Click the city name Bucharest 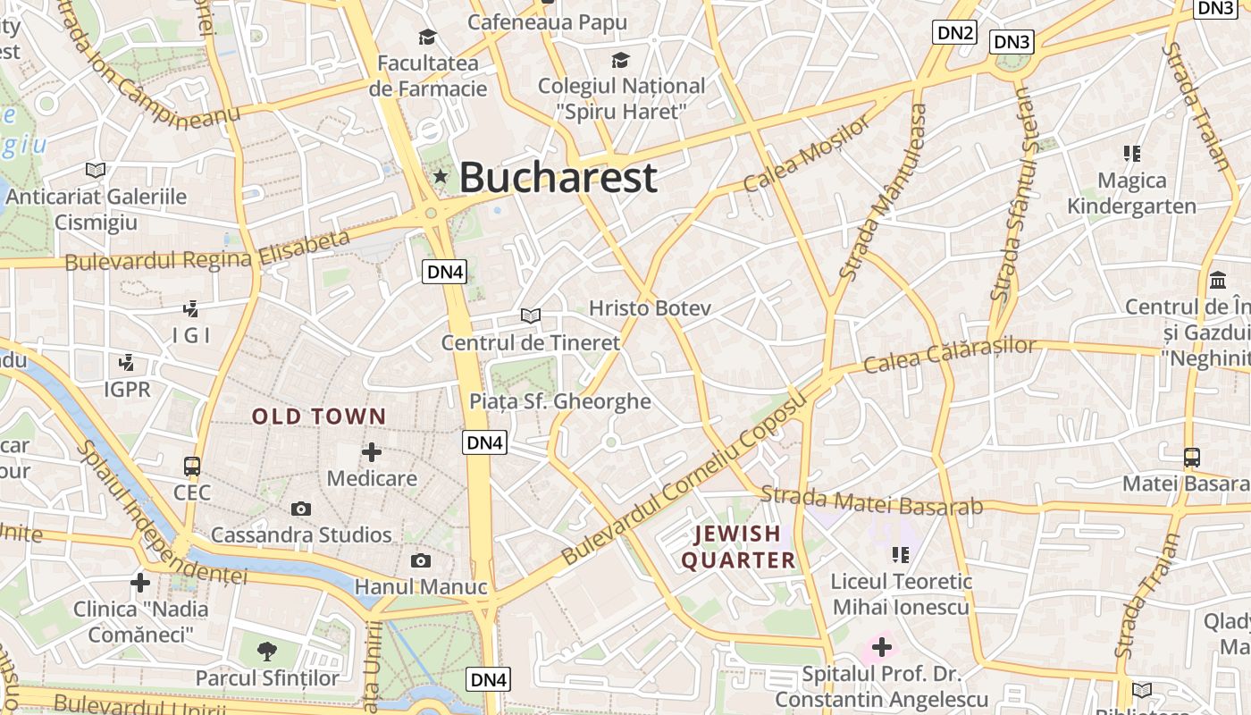coord(558,177)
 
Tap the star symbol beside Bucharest coord(440,176)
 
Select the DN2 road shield coord(954,33)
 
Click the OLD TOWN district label coord(319,416)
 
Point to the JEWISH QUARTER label coord(738,547)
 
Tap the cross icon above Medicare coord(372,452)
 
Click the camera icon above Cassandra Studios coord(301,509)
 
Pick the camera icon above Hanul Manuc coord(421,561)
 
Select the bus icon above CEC coord(192,467)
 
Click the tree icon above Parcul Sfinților coord(266,651)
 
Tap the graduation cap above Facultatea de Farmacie coord(428,38)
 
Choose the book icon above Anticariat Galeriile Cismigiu coord(96,170)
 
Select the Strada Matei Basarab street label coord(871,500)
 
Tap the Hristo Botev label coord(650,308)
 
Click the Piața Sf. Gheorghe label coord(560,401)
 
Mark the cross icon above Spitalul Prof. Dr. coord(882,646)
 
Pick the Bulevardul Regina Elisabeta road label coord(207,251)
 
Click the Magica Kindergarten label coord(1131,193)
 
